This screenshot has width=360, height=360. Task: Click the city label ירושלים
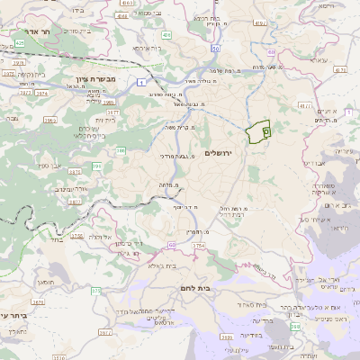point(219,153)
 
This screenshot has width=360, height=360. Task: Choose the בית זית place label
point(109,119)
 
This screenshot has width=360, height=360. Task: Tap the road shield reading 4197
point(261,22)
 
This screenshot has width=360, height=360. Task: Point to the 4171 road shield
point(339,68)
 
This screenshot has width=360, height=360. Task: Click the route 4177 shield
point(308,106)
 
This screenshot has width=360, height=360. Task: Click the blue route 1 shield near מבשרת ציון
point(140,82)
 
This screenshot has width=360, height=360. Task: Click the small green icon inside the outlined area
point(266,131)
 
